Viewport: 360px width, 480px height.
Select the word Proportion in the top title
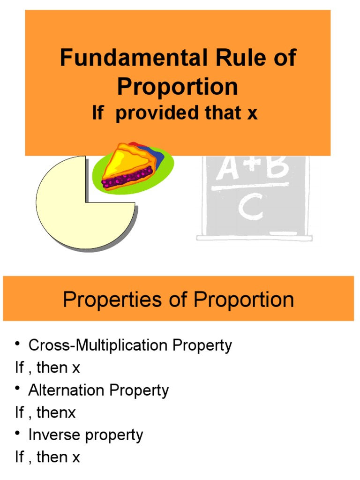click(x=178, y=87)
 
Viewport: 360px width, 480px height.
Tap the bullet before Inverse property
click(x=18, y=434)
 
